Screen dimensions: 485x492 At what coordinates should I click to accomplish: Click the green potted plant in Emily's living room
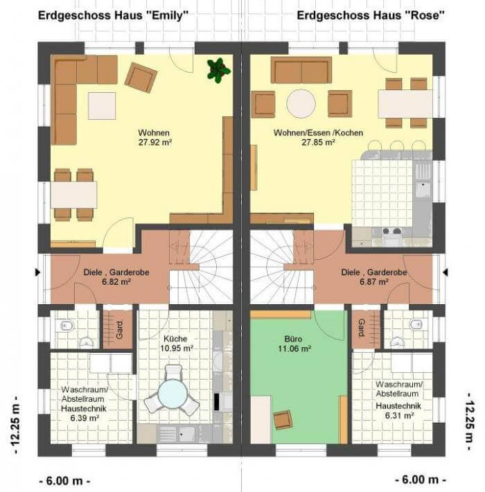(x=218, y=70)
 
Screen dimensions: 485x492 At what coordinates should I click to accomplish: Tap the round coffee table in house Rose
(x=301, y=104)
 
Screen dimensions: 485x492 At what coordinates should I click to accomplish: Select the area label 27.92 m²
(x=155, y=143)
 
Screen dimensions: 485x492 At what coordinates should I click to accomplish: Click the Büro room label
(x=293, y=339)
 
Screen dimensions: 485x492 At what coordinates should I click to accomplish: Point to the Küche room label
(x=175, y=339)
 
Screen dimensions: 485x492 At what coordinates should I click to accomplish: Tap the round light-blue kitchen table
(x=173, y=394)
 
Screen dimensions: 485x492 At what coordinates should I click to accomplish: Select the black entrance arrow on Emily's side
(x=38, y=272)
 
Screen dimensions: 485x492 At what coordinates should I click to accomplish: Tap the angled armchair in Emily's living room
(x=141, y=78)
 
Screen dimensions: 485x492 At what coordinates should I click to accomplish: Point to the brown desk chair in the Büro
(x=283, y=419)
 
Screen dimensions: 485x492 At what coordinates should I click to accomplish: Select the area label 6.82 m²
(x=116, y=282)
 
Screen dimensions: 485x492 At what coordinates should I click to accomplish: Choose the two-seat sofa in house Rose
(x=301, y=70)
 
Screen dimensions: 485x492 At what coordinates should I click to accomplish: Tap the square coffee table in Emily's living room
(x=102, y=106)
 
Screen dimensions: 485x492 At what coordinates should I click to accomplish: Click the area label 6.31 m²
(x=399, y=416)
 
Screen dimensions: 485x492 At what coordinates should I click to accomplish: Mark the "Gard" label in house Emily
(x=120, y=330)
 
